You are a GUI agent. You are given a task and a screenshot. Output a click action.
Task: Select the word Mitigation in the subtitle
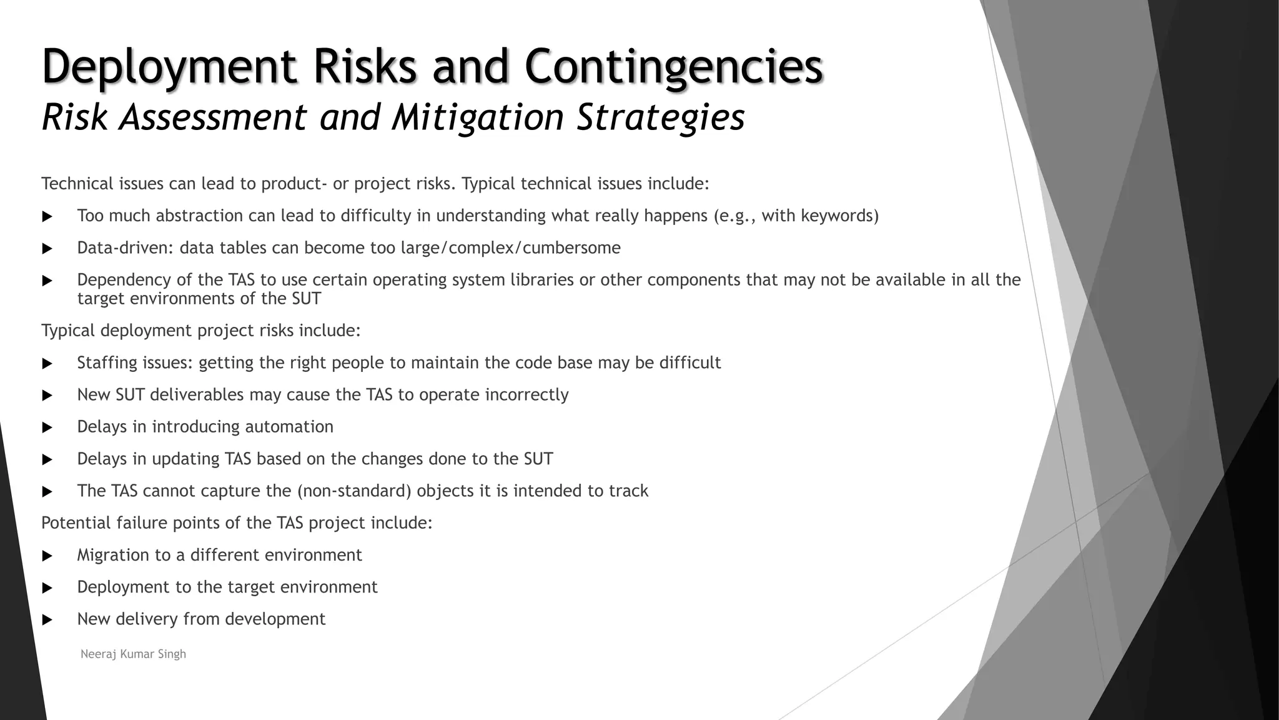tap(478, 117)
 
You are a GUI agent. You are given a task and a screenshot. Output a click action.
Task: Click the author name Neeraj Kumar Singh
tap(133, 654)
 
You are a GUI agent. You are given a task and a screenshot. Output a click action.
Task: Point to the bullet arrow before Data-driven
tap(47, 249)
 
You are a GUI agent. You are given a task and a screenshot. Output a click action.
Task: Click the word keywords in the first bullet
tap(839, 216)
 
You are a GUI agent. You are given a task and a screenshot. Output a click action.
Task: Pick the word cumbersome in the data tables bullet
tap(571, 248)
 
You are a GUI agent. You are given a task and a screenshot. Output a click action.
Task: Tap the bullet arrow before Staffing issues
tap(47, 364)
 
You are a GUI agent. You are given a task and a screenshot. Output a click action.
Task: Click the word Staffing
tap(107, 363)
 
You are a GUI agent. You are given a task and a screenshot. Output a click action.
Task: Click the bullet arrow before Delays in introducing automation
tap(47, 427)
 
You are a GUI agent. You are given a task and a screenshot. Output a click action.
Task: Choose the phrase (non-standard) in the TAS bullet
tap(354, 491)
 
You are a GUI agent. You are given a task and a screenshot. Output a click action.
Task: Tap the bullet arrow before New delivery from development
tap(47, 620)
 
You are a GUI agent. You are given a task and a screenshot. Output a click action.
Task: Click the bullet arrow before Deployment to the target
tap(47, 588)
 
